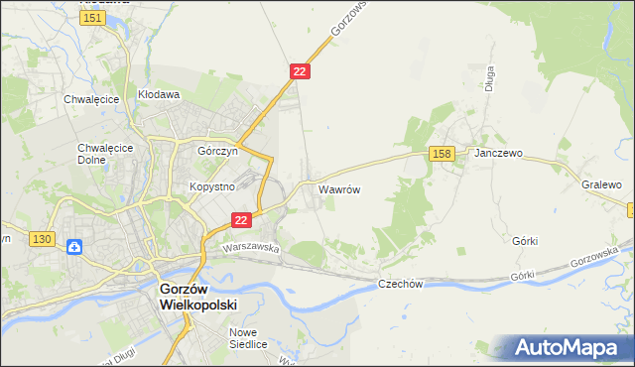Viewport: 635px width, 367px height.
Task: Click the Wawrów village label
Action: click(x=338, y=187)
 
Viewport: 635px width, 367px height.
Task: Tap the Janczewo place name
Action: click(x=497, y=155)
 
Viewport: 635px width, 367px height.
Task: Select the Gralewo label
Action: click(x=601, y=184)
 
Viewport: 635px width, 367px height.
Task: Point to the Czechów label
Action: click(x=401, y=284)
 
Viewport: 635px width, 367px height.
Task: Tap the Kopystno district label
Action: click(x=211, y=186)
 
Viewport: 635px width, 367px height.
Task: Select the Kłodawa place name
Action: click(x=159, y=95)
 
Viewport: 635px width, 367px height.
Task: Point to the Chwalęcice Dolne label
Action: click(x=98, y=154)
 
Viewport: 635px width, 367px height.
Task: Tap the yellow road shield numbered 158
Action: click(x=443, y=153)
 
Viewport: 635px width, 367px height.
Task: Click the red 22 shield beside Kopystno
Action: click(x=240, y=220)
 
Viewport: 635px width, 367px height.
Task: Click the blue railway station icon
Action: click(x=73, y=246)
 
